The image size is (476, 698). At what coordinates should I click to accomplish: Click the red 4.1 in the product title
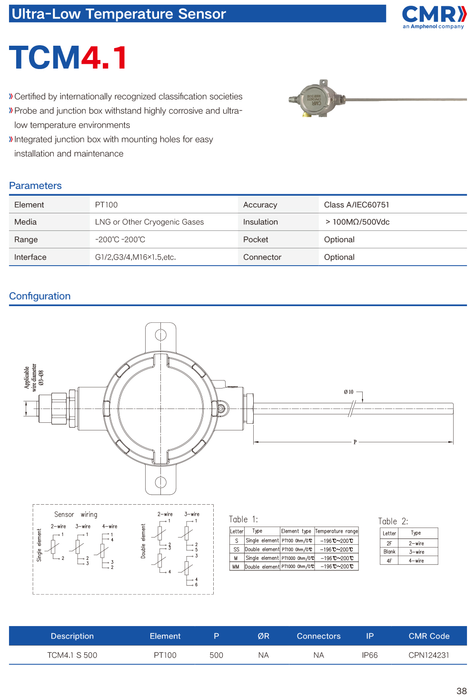104,58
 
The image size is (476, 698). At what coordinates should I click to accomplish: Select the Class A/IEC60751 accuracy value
357,205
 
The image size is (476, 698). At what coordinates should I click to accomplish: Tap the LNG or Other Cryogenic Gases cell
149,222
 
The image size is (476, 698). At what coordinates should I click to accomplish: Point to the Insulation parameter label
260,222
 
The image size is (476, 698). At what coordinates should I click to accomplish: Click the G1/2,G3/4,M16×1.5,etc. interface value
136,257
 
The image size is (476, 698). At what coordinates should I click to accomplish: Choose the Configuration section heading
40,296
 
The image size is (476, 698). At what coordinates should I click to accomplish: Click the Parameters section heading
36,186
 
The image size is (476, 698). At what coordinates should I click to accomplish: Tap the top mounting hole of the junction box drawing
161,335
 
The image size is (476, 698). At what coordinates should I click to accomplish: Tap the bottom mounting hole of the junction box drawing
161,482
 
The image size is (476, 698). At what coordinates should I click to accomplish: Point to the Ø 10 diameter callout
349,392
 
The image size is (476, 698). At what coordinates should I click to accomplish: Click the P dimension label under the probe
355,442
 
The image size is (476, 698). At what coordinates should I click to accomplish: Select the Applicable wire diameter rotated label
34,378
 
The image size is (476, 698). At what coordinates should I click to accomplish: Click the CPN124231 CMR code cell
428,655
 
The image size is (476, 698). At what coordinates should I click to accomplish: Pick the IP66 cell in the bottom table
370,655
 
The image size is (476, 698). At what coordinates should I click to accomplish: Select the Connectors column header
318,636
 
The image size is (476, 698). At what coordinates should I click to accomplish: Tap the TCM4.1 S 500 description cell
72,655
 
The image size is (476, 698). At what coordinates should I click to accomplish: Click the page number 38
461,691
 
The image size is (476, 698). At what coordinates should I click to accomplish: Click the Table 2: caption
393,521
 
